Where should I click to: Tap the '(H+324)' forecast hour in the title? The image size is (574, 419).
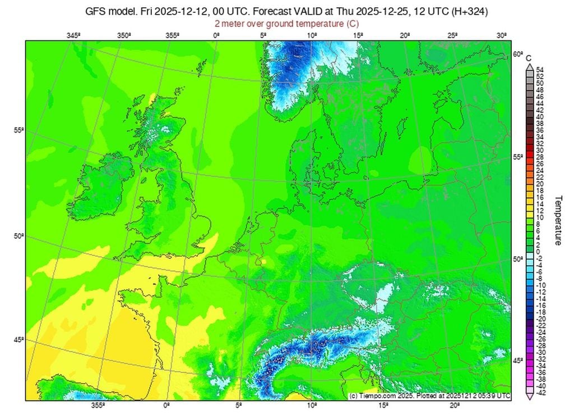coord(469,11)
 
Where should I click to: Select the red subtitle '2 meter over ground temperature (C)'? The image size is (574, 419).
coord(286,24)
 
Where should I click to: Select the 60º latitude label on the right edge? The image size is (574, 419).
coord(518,54)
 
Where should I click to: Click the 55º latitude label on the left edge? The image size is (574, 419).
coord(18,130)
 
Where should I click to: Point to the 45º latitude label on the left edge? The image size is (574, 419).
coord(18,340)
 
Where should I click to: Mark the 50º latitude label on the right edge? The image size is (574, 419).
coord(518,259)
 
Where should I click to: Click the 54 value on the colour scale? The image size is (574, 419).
coord(540,70)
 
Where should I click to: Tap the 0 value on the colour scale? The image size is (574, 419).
coord(540,251)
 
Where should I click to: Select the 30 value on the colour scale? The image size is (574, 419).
coord(540,151)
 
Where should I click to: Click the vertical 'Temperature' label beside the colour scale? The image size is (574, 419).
coord(558,220)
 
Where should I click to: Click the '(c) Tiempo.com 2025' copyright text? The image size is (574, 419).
coord(387,396)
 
